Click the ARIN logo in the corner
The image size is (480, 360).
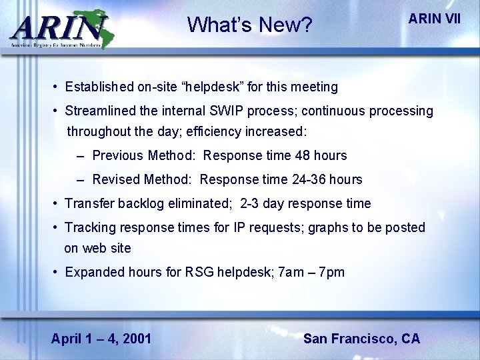pos(59,29)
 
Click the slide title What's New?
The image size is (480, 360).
pos(249,25)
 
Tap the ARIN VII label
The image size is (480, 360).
pos(434,19)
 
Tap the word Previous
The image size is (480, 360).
pos(118,155)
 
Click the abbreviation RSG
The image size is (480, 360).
pos(200,272)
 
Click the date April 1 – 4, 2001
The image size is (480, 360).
pos(101,339)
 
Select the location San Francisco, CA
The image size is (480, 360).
pos(361,339)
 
